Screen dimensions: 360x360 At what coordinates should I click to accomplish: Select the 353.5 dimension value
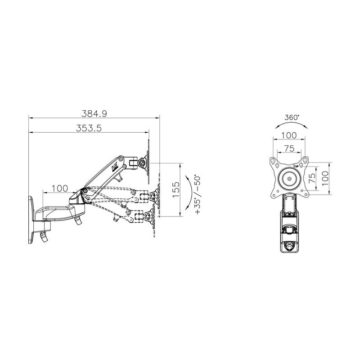(89, 128)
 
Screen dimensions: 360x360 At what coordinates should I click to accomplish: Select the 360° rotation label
(292, 117)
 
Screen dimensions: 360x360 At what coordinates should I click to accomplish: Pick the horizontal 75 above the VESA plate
(288, 148)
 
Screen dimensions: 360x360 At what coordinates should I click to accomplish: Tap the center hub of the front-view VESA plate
(288, 177)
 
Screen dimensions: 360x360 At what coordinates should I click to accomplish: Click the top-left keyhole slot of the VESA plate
(273, 161)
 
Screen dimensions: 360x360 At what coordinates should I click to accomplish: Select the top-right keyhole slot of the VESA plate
(305, 161)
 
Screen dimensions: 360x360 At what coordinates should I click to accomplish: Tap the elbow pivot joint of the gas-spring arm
(84, 193)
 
